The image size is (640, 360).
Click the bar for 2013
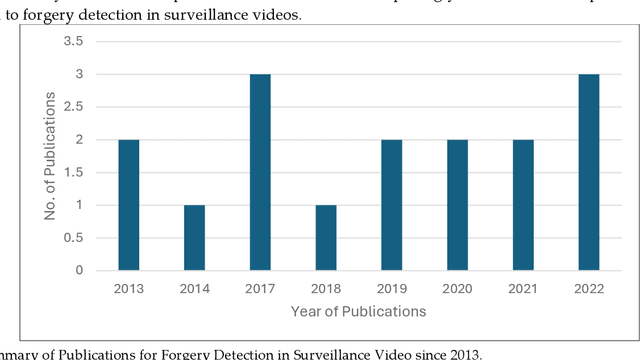pyautogui.click(x=129, y=204)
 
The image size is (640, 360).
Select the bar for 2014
pyautogui.click(x=194, y=237)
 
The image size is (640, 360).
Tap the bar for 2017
pyautogui.click(x=260, y=172)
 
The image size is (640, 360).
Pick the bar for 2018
pyautogui.click(x=326, y=237)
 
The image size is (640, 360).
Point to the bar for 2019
pyautogui.click(x=391, y=204)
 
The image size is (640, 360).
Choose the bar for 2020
pyautogui.click(x=457, y=204)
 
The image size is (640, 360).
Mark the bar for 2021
pyautogui.click(x=523, y=204)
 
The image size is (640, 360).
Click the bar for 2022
pyautogui.click(x=588, y=172)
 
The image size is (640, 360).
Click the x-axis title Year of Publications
pyautogui.click(x=358, y=311)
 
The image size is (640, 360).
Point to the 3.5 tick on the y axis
pyautogui.click(x=74, y=41)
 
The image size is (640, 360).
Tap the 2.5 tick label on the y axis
pyautogui.click(x=74, y=107)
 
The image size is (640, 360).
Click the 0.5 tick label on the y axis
pyautogui.click(x=74, y=238)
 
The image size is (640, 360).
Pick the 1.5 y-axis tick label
pyautogui.click(x=74, y=172)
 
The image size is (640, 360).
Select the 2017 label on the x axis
pyautogui.click(x=260, y=288)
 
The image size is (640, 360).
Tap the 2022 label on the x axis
pyautogui.click(x=588, y=288)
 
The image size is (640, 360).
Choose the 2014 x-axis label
pyautogui.click(x=194, y=288)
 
